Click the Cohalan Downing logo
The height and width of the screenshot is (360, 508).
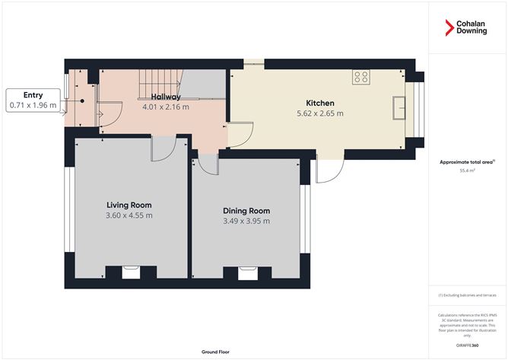[466, 28]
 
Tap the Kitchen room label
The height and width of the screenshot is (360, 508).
[319, 103]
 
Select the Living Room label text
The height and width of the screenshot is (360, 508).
[129, 205]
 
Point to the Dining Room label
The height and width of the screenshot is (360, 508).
[246, 211]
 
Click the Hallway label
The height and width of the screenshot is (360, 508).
[165, 97]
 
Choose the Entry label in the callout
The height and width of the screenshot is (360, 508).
[32, 94]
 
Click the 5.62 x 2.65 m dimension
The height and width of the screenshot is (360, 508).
[319, 113]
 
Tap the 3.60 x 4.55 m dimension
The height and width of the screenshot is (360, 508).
[129, 215]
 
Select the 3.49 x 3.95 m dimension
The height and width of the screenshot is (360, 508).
[246, 221]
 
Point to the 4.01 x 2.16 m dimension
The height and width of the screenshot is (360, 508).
[165, 107]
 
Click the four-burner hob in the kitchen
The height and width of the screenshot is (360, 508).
[361, 76]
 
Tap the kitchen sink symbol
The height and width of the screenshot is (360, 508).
[399, 108]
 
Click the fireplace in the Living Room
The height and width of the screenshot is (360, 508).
[130, 269]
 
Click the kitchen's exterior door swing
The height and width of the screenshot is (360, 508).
[325, 171]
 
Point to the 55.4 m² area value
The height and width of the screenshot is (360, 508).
[467, 171]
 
